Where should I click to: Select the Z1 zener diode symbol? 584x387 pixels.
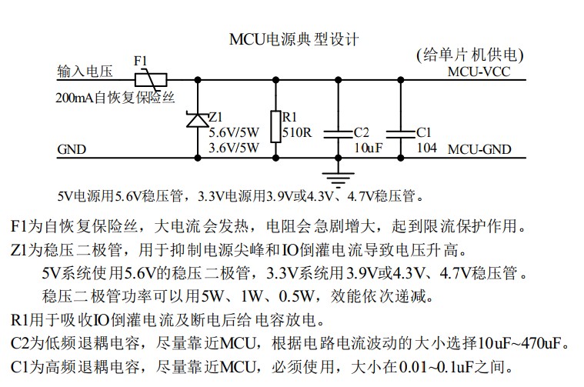point(198,119)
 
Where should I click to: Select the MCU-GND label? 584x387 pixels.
point(479,149)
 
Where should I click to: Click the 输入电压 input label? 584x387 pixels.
point(85,72)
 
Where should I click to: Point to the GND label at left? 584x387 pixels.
point(72,149)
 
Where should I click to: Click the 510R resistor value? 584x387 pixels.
point(296,132)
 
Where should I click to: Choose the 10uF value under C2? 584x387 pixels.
point(367,148)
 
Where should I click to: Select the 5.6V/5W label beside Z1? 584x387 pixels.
point(235,132)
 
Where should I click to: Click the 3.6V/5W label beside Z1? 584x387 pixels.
point(235,148)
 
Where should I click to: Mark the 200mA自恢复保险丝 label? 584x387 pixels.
point(115,98)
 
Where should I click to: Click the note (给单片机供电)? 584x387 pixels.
point(469,55)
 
